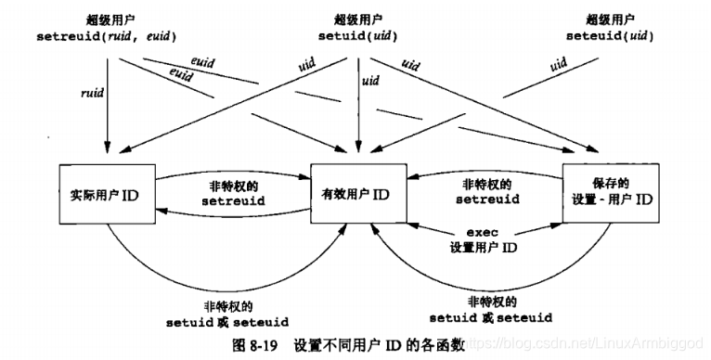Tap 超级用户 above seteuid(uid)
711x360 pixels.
606,19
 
